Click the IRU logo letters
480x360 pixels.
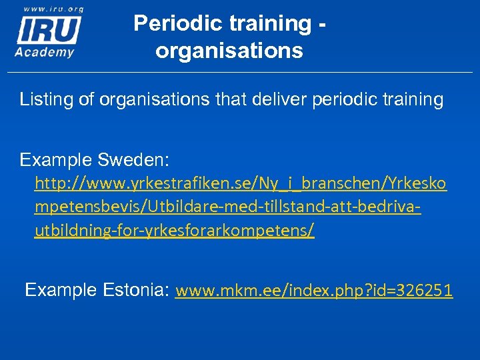[x=48, y=29]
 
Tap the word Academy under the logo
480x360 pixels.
[x=45, y=53]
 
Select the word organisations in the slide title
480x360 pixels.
[x=229, y=50]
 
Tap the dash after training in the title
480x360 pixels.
[x=322, y=23]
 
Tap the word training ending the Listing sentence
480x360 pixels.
[x=411, y=100]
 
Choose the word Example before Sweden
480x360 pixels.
[x=56, y=160]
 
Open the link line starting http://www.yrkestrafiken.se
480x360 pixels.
[x=241, y=183]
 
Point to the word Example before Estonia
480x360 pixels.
[x=61, y=290]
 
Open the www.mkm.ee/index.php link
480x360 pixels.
[x=313, y=291]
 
